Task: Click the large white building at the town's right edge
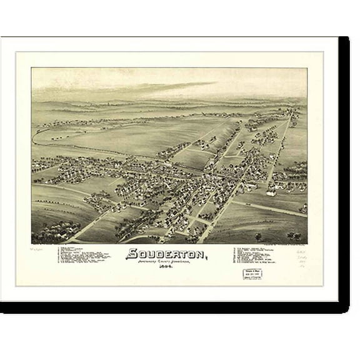coord(271,191)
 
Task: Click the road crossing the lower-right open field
coord(275,209)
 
